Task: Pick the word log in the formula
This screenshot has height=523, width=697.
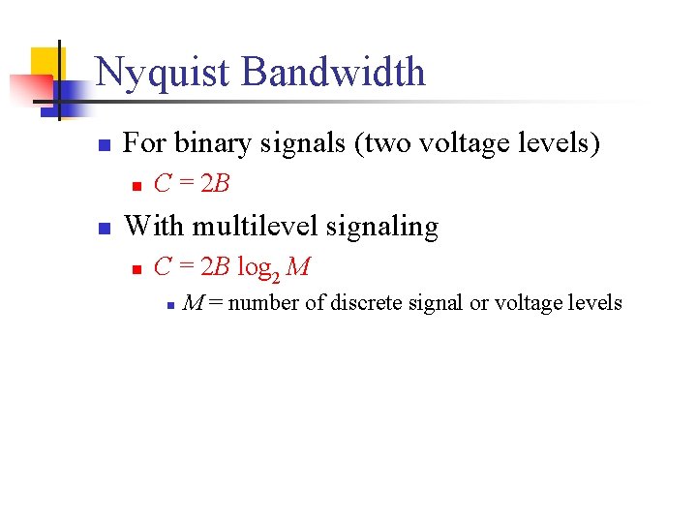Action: (251, 265)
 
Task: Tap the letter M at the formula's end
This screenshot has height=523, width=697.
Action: (298, 264)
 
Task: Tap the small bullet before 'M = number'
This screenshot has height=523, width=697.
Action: (169, 305)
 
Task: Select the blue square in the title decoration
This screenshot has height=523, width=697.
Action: (65, 92)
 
